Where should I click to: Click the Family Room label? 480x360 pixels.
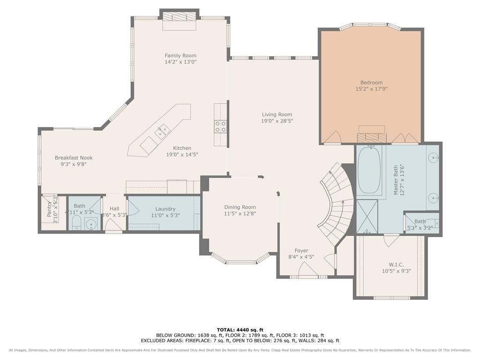(180, 55)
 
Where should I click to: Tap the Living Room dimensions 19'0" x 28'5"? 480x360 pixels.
(277, 121)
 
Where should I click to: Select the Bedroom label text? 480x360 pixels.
(371, 82)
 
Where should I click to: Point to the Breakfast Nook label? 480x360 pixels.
(74, 157)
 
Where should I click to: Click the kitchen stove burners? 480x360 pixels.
(220, 127)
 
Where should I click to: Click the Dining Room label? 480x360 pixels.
(240, 207)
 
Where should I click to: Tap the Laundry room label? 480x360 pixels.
(165, 209)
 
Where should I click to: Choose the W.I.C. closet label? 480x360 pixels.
(397, 264)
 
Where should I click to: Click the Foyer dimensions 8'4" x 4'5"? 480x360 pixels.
(301, 257)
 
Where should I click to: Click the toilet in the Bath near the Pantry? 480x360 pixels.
(76, 223)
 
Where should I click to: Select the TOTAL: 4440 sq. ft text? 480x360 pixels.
(240, 330)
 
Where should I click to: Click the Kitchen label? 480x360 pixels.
(182, 148)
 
